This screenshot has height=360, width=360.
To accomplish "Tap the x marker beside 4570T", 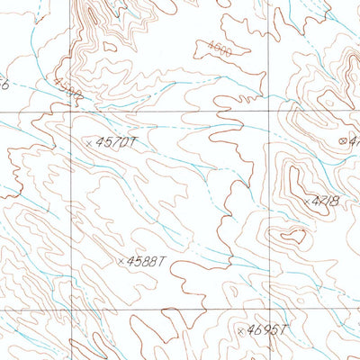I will (88, 142).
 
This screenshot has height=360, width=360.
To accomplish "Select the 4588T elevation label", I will (147, 261).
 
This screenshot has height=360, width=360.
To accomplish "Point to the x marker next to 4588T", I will (120, 262).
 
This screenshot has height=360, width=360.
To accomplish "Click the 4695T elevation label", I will (267, 331).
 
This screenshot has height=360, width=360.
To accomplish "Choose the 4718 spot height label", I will (325, 202).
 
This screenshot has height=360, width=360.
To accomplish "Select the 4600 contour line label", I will (218, 49).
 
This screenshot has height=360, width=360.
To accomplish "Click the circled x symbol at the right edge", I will (342, 140).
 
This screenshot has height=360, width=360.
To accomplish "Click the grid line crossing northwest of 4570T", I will (71, 113).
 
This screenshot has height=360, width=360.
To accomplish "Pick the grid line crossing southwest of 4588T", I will (71, 309).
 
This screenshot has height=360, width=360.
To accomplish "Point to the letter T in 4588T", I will (164, 261).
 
